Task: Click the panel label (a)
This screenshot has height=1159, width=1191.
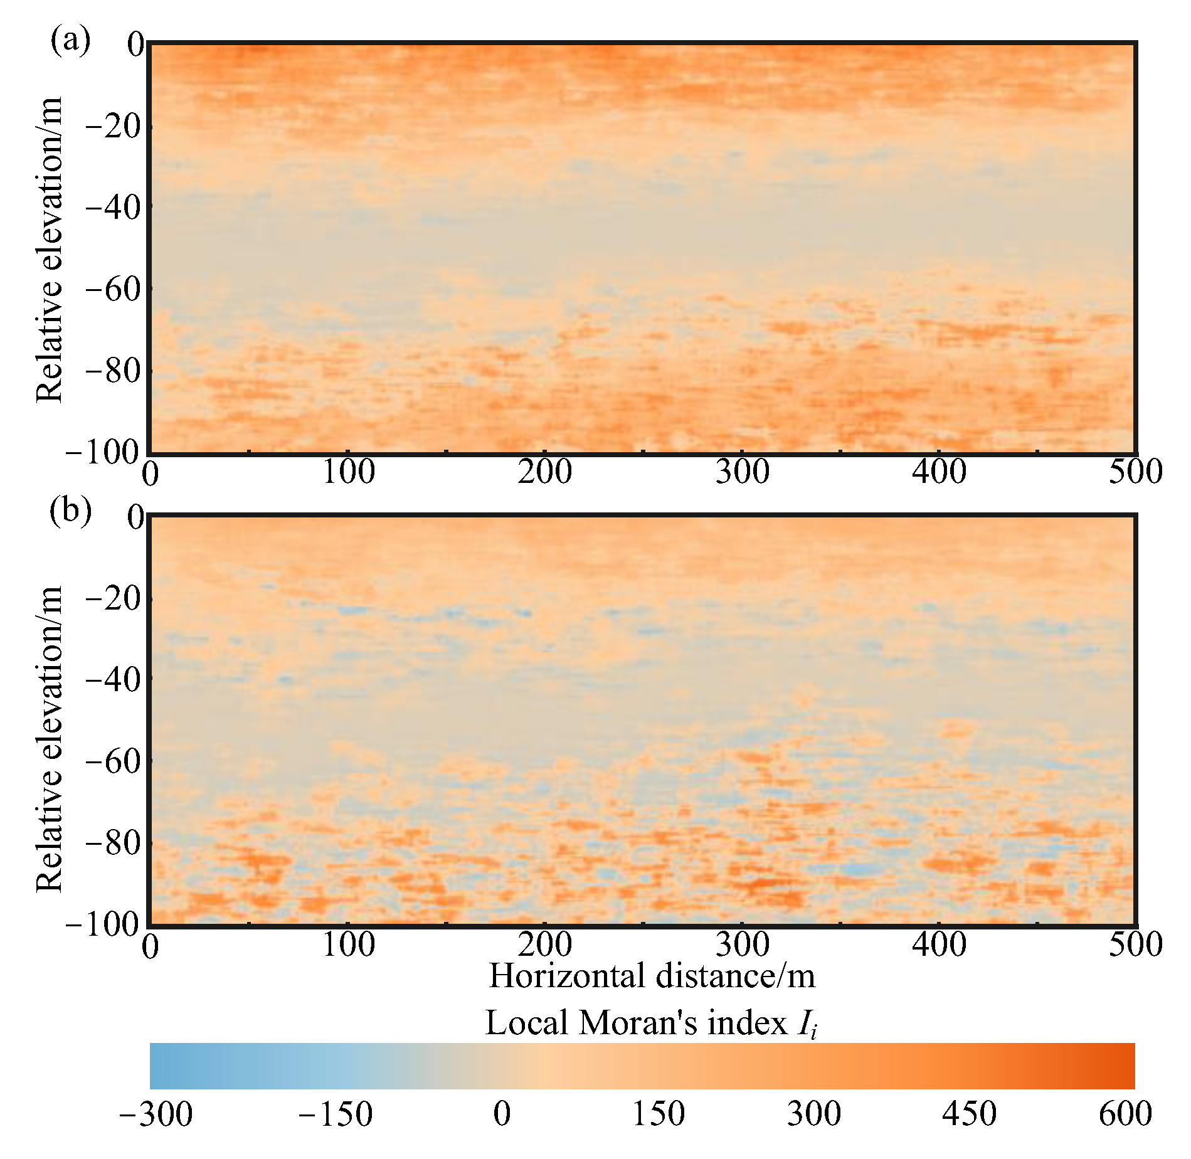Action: pos(70,41)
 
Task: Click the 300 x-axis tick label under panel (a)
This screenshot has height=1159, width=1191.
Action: pos(742,472)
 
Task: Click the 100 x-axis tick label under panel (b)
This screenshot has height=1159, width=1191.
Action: pos(348,945)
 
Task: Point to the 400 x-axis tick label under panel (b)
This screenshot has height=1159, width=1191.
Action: pos(939,945)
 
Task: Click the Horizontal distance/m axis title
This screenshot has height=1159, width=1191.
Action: pos(652,977)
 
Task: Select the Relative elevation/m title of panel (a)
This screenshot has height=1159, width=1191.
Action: pos(50,249)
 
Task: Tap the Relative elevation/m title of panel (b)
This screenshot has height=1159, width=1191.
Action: pos(50,739)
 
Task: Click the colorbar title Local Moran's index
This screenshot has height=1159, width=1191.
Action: pos(652,1024)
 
